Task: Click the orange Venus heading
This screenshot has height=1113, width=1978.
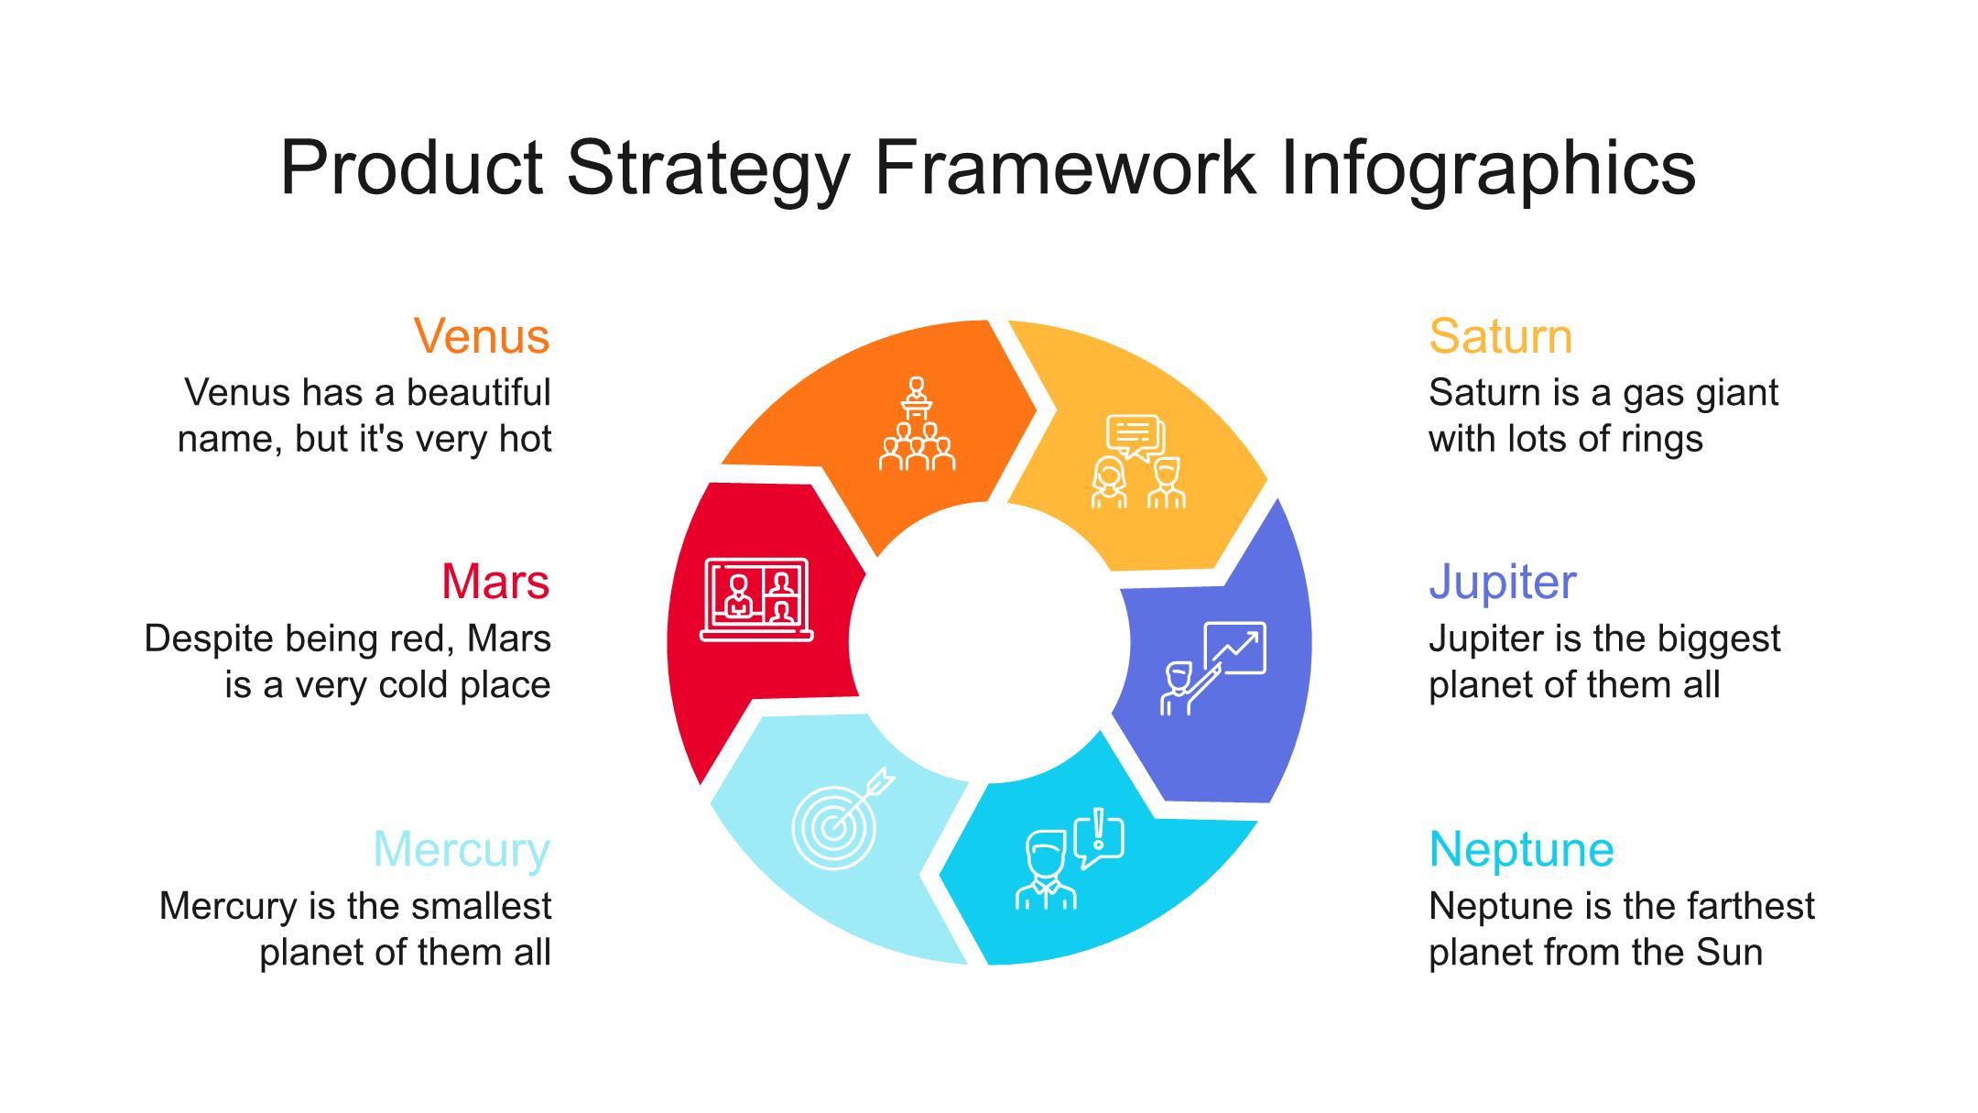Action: click(x=482, y=336)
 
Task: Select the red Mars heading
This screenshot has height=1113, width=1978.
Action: click(x=495, y=582)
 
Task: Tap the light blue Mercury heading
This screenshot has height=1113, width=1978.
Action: click(x=462, y=850)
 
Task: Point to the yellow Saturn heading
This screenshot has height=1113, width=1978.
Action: click(x=1501, y=336)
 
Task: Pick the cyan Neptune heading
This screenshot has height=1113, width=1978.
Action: click(x=1521, y=850)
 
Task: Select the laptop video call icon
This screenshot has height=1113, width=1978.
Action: click(x=756, y=599)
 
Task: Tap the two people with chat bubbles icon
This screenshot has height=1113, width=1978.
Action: click(x=1137, y=462)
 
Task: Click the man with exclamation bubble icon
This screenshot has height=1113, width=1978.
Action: click(x=1070, y=859)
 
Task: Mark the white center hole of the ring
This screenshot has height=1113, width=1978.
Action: click(x=990, y=642)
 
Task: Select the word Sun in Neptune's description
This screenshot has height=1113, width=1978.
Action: click(x=1730, y=953)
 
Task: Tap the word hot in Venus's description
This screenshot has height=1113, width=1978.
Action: click(x=525, y=439)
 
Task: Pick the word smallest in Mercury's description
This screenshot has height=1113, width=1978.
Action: click(x=481, y=906)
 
